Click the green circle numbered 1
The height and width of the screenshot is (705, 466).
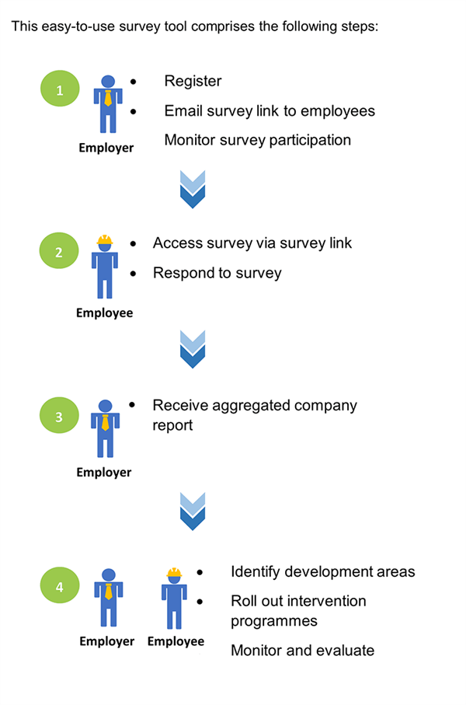pos(60,91)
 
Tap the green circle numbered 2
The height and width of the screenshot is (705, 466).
pos(60,252)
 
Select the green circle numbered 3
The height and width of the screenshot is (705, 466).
pos(60,416)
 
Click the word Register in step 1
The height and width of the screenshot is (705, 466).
pos(193,82)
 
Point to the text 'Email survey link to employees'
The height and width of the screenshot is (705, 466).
pos(270,111)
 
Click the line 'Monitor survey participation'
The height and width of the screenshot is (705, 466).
pos(258,141)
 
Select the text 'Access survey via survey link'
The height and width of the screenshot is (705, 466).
pos(252,243)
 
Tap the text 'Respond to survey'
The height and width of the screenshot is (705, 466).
pos(217,273)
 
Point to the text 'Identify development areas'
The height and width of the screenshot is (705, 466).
pos(323,572)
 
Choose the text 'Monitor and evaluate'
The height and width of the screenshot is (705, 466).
pos(302,650)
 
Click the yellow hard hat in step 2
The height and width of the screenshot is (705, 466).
pos(105,240)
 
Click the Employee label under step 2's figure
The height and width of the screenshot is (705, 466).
pos(104,313)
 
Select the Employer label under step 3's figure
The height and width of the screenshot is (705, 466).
pos(104,473)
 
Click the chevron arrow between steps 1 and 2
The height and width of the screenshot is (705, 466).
pos(192,189)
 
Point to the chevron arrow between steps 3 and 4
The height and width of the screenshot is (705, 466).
pos(192,511)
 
